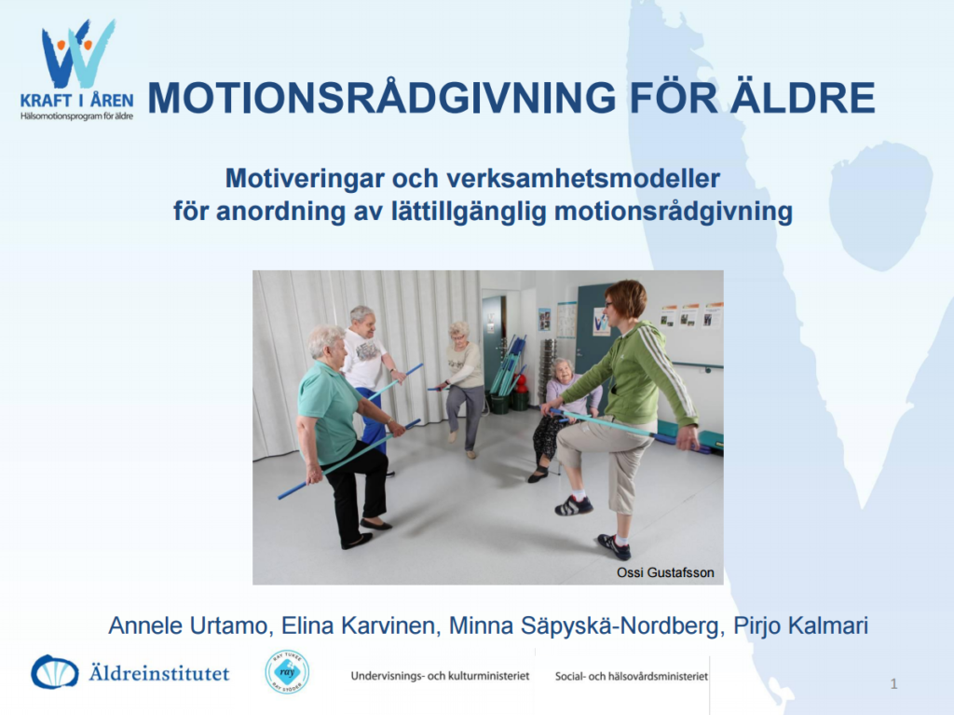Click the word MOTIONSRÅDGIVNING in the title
click(x=382, y=98)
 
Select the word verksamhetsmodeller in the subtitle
click(x=583, y=179)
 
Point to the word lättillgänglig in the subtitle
click(x=470, y=212)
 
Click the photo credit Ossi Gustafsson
click(x=665, y=572)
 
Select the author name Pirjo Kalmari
click(x=800, y=626)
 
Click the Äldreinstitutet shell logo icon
click(x=55, y=672)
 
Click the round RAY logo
click(x=287, y=672)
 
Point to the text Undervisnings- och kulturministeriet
click(x=440, y=676)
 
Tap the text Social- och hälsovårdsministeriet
click(x=632, y=676)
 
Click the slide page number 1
click(x=893, y=684)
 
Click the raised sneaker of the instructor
click(x=573, y=505)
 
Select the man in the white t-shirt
click(x=368, y=378)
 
